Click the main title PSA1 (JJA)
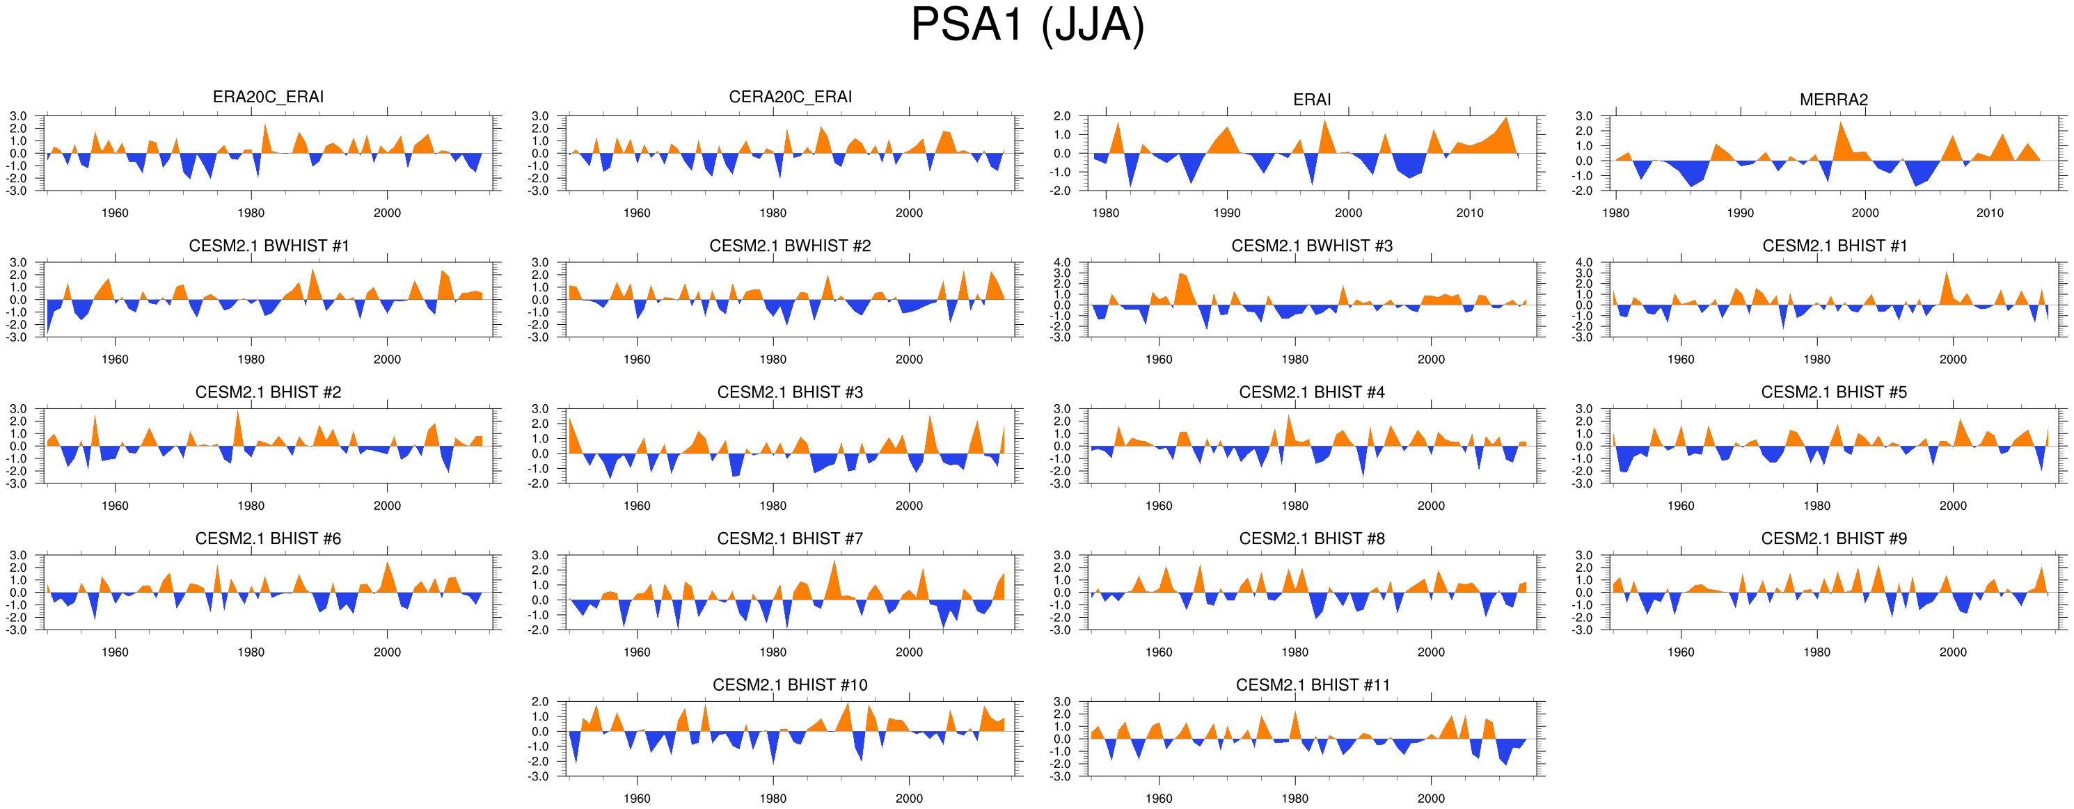click(x=1027, y=26)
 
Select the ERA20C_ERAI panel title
click(x=268, y=97)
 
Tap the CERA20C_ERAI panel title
click(x=790, y=97)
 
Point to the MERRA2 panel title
click(x=1833, y=99)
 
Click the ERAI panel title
click(x=1311, y=99)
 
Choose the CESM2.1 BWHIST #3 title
click(x=1311, y=246)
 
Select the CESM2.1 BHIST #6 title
click(x=268, y=538)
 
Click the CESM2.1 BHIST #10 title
click(x=790, y=685)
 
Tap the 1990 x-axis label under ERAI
click(x=1227, y=214)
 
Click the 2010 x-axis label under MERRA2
click(x=1990, y=214)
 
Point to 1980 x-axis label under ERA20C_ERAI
click(x=251, y=214)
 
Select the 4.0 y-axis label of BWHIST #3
click(x=1062, y=262)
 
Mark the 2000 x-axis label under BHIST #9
click(x=1952, y=652)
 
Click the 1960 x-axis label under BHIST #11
click(x=1159, y=799)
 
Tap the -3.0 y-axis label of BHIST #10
click(x=539, y=777)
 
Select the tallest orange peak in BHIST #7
click(x=834, y=561)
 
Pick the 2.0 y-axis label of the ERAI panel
click(x=1062, y=116)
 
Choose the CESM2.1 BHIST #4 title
click(x=1311, y=392)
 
